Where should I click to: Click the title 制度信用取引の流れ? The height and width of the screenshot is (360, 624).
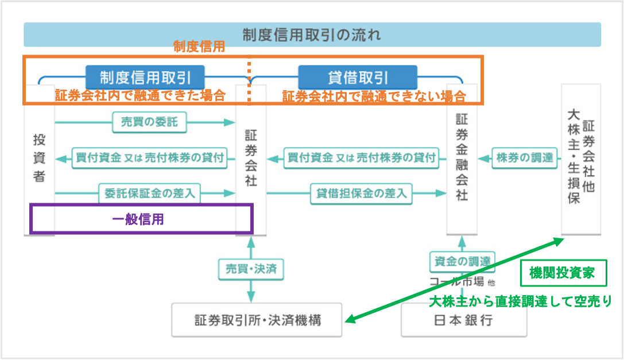click(312, 34)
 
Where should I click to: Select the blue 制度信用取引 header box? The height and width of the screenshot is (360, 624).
click(145, 78)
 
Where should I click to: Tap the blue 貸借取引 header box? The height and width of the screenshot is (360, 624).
click(358, 78)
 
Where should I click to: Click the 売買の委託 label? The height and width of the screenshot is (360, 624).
click(149, 122)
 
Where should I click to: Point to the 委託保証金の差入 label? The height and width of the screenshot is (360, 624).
click(149, 193)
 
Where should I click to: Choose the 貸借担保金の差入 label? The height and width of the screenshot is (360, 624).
click(361, 193)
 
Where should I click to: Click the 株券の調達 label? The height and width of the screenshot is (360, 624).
click(525, 158)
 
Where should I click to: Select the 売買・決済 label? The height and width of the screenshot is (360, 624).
click(251, 269)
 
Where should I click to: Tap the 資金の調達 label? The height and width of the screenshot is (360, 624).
click(462, 261)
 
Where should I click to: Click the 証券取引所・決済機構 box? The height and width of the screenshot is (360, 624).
click(257, 320)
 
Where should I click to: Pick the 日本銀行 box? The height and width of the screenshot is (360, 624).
click(464, 320)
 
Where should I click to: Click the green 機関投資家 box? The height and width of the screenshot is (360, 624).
click(563, 273)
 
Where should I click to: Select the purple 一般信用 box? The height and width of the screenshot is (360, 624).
click(141, 219)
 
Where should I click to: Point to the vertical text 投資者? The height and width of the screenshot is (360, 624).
click(39, 158)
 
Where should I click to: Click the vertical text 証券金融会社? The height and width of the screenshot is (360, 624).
click(462, 157)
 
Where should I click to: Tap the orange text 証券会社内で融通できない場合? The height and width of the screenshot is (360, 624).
click(374, 96)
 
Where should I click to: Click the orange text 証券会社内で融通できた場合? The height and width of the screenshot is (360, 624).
click(140, 95)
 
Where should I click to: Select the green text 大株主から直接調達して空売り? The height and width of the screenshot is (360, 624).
click(520, 301)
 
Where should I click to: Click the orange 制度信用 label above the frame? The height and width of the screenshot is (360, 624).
click(199, 47)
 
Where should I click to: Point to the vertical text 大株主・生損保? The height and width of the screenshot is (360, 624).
click(573, 157)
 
